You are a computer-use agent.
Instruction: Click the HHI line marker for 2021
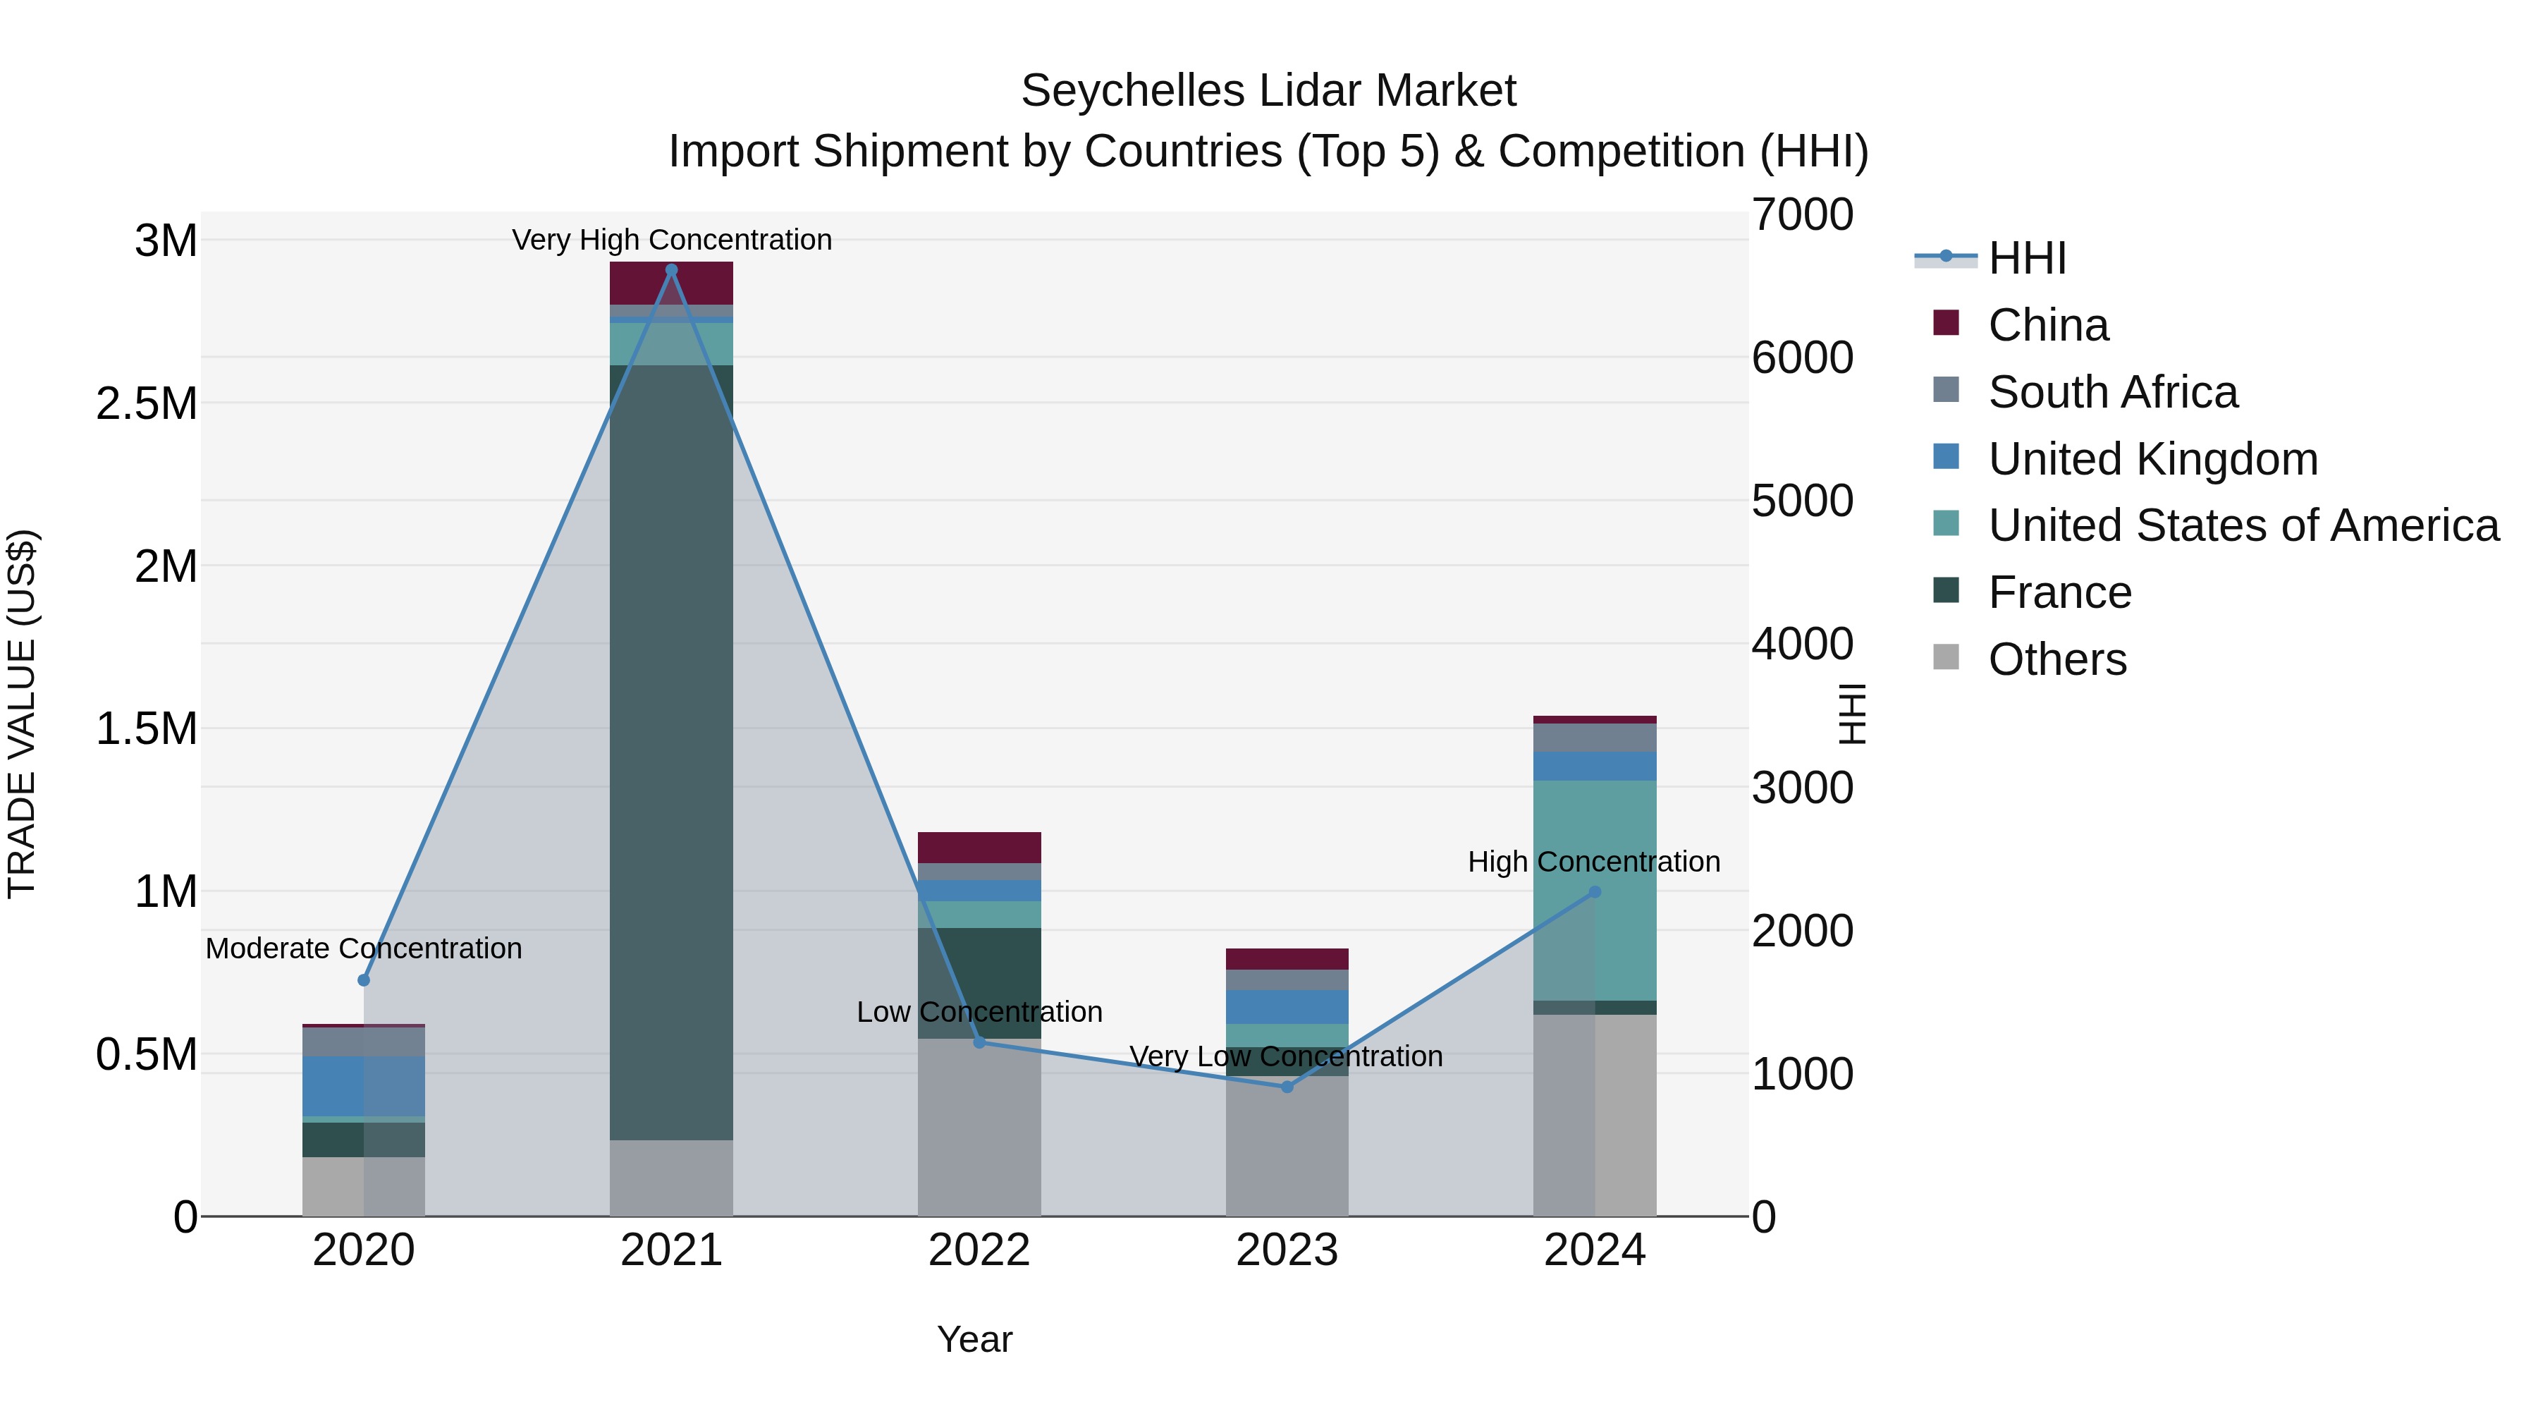click(x=671, y=270)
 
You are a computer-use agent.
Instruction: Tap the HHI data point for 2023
click(x=1287, y=1087)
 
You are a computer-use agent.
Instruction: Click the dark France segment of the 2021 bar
click(x=671, y=749)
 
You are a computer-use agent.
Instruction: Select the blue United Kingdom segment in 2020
click(x=364, y=1086)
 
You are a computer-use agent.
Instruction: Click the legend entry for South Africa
click(x=2112, y=392)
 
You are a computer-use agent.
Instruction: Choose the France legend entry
click(x=2059, y=592)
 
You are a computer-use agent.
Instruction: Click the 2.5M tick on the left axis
click(x=146, y=404)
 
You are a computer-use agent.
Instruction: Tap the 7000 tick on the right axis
click(x=1802, y=215)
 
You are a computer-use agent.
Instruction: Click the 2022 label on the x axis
click(x=979, y=1250)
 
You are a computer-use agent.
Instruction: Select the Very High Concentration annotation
click(x=672, y=240)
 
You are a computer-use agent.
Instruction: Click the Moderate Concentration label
click(x=364, y=948)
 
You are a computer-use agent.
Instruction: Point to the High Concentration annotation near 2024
click(x=1593, y=861)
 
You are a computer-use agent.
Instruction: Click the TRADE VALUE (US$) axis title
click(x=22, y=714)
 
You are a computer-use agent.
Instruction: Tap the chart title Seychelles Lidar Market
click(x=1268, y=91)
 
